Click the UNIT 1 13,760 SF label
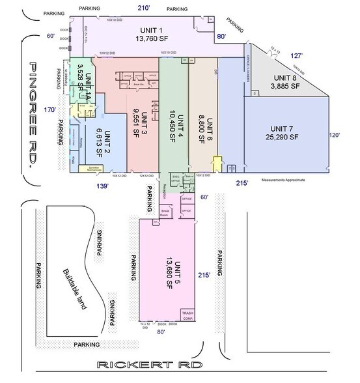click(152, 35)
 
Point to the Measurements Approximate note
click(283, 179)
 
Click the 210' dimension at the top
click(144, 7)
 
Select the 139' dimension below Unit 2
click(102, 186)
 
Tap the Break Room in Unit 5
click(166, 212)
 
